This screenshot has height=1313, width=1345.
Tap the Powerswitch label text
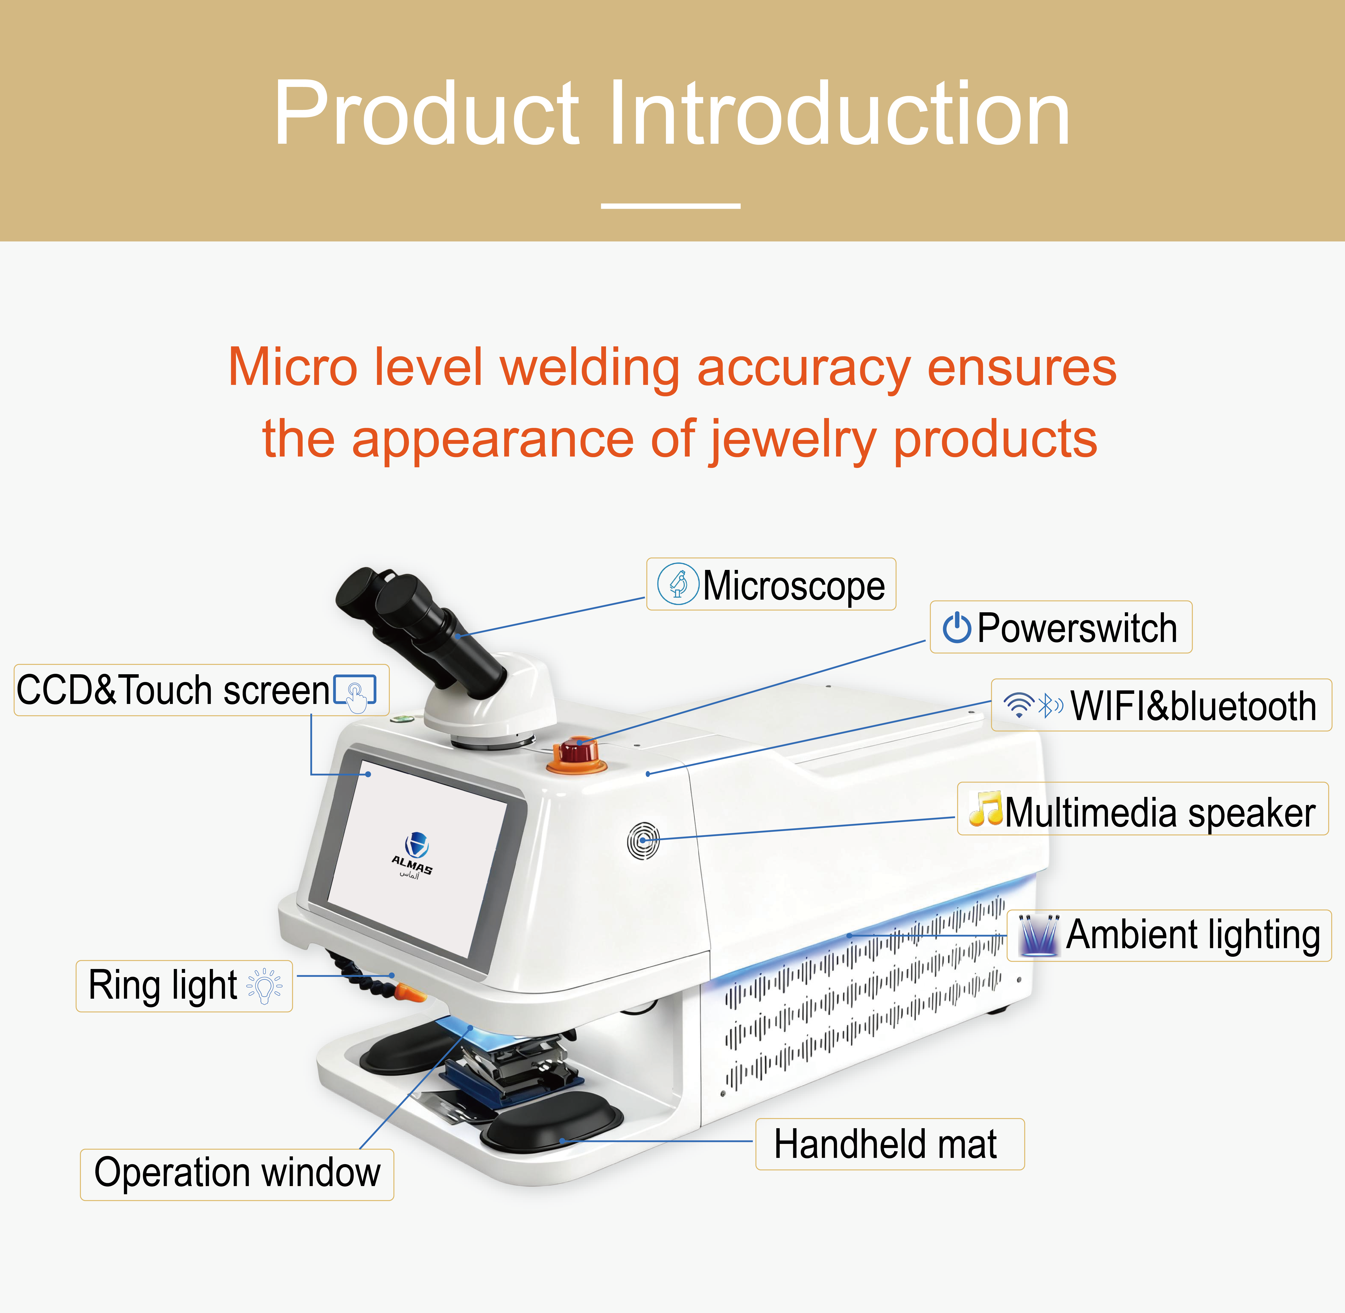click(1077, 628)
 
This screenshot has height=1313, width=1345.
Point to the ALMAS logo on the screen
click(413, 855)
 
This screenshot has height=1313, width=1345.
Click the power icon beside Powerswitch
click(957, 628)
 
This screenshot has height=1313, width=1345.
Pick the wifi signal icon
click(1019, 705)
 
